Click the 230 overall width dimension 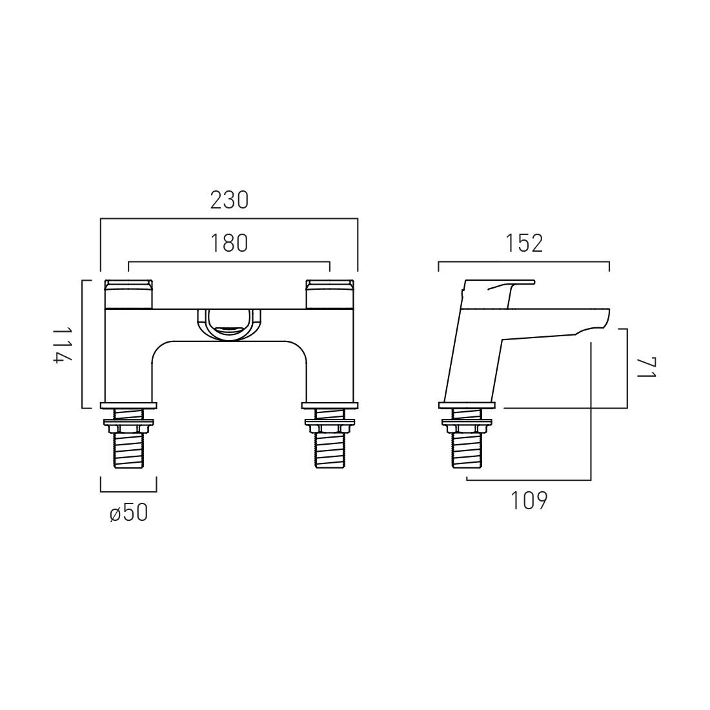229,201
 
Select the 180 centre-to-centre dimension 229,243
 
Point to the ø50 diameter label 129,513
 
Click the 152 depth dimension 523,243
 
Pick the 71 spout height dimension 646,369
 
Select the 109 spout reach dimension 529,501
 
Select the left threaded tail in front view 129,452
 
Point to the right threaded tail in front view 330,452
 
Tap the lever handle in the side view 510,284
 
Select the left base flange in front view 129,405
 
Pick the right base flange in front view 330,405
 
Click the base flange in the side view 467,405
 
